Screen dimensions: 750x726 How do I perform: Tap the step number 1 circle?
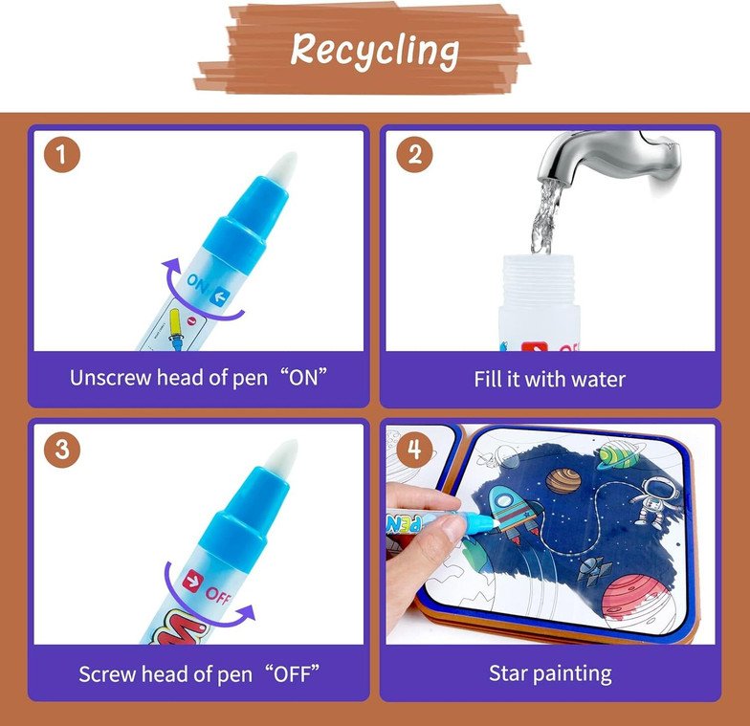pyautogui.click(x=62, y=155)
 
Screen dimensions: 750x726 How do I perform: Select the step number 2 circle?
pyautogui.click(x=414, y=155)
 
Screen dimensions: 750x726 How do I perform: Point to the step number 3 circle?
pyautogui.click(x=62, y=450)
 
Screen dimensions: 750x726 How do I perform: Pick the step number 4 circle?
pyautogui.click(x=414, y=450)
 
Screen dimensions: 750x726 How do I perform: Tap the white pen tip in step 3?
pyautogui.click(x=284, y=457)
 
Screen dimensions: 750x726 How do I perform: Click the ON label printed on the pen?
pyautogui.click(x=198, y=285)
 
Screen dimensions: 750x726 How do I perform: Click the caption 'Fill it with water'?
pyautogui.click(x=549, y=379)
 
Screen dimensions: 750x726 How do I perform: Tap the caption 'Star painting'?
pyautogui.click(x=550, y=673)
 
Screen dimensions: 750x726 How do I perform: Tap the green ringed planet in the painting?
pyautogui.click(x=618, y=455)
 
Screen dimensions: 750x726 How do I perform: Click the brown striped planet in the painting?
pyautogui.click(x=562, y=480)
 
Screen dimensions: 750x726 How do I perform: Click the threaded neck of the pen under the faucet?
pyautogui.click(x=538, y=279)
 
